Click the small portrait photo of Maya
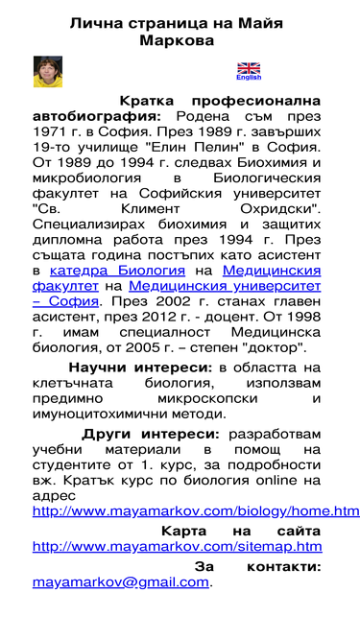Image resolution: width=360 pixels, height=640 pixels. coord(44,71)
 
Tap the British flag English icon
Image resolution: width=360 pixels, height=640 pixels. coord(249,70)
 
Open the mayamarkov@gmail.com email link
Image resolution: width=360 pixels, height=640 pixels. coord(120,581)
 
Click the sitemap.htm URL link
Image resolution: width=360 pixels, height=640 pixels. coord(177,546)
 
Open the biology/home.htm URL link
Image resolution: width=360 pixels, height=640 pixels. coord(196,510)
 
